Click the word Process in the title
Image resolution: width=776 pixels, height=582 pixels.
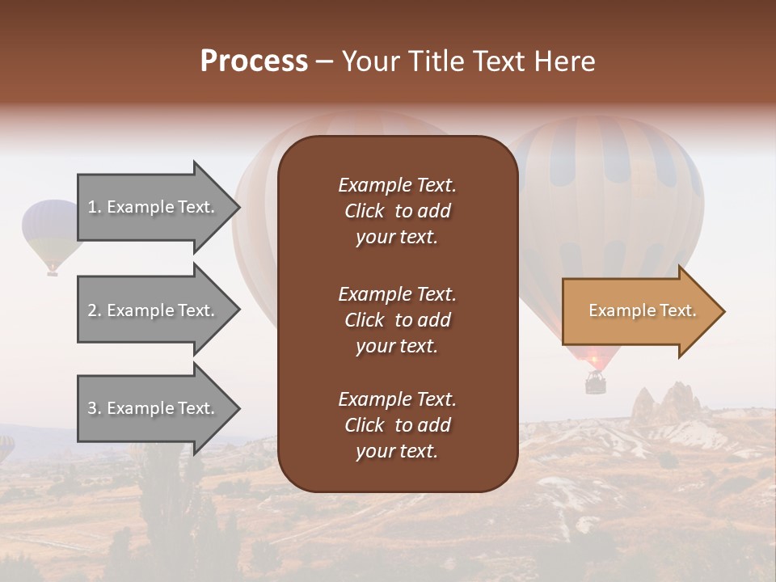[x=254, y=61]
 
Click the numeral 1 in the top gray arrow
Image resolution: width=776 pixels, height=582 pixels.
[x=92, y=207]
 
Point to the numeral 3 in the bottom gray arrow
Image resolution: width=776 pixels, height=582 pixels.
[x=92, y=408]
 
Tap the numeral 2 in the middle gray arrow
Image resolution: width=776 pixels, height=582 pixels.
[x=92, y=310]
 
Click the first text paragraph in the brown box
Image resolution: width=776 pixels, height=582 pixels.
[x=397, y=211]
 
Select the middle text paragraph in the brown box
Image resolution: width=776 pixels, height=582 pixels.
[x=397, y=319]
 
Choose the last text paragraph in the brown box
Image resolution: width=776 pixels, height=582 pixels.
[x=397, y=425]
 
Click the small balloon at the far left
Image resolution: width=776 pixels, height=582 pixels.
[x=50, y=230]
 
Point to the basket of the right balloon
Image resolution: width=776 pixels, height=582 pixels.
[x=595, y=383]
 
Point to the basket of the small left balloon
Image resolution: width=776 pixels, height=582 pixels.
[x=53, y=272]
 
